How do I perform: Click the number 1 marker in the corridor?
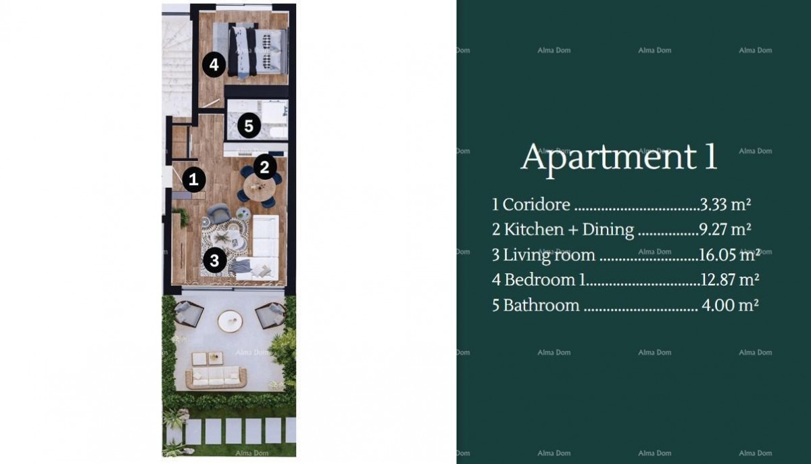click(194, 179)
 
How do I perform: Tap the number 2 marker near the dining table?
click(265, 166)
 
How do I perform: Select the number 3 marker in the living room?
click(214, 260)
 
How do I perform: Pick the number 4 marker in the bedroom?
click(214, 66)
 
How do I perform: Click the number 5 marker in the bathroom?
click(249, 126)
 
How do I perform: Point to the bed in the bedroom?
click(257, 51)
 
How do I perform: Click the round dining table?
click(259, 189)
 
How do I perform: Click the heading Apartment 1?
click(618, 157)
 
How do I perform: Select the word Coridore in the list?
click(537, 204)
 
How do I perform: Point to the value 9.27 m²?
click(724, 229)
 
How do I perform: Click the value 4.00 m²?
click(730, 305)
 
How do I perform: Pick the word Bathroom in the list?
click(541, 305)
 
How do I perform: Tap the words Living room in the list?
click(549, 255)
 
